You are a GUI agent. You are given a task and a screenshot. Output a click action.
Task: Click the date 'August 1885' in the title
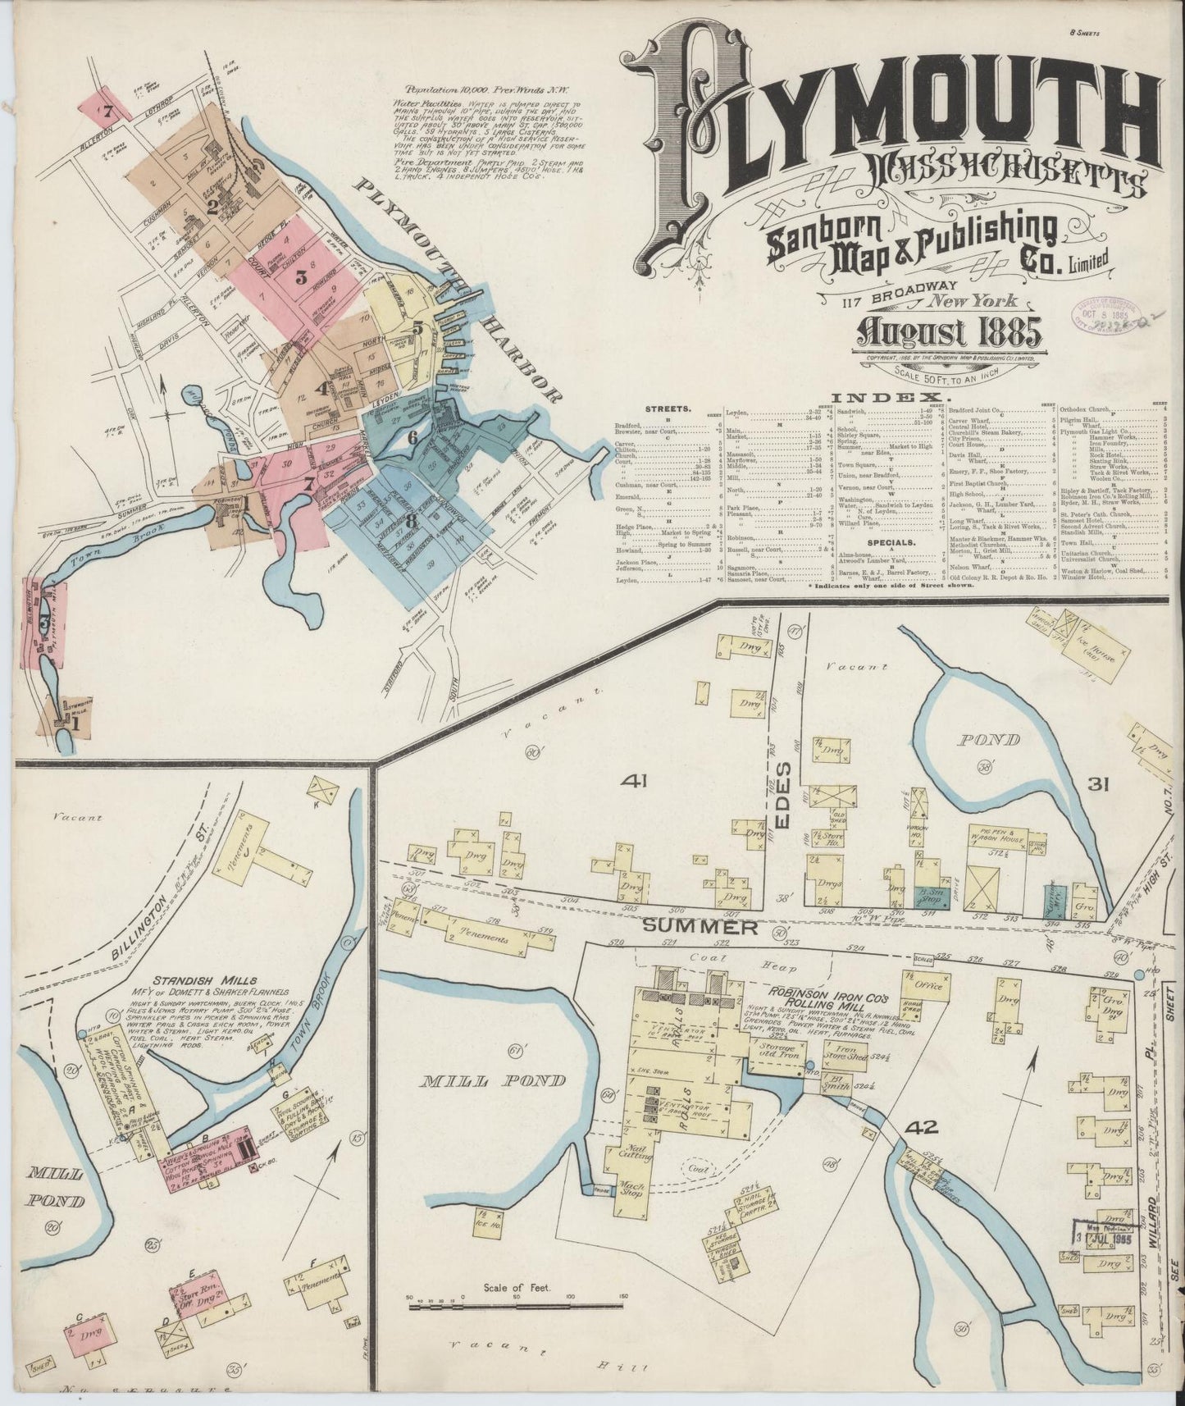tap(948, 331)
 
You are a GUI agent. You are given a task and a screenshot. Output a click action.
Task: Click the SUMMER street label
tap(699, 927)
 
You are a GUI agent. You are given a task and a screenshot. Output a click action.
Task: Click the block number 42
tap(921, 1127)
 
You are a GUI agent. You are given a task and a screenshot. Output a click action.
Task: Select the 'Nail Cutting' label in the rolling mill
tap(620, 1157)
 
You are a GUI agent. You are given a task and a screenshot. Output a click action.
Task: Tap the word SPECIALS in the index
tap(894, 542)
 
